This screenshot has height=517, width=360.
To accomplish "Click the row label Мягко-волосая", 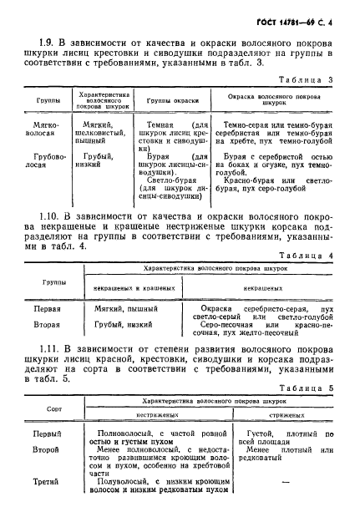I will tap(42, 129).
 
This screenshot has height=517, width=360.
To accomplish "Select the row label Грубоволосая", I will tap(42, 160).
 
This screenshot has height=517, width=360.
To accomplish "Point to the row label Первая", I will tap(47, 307).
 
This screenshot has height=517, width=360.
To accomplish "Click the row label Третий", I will tap(47, 494).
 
